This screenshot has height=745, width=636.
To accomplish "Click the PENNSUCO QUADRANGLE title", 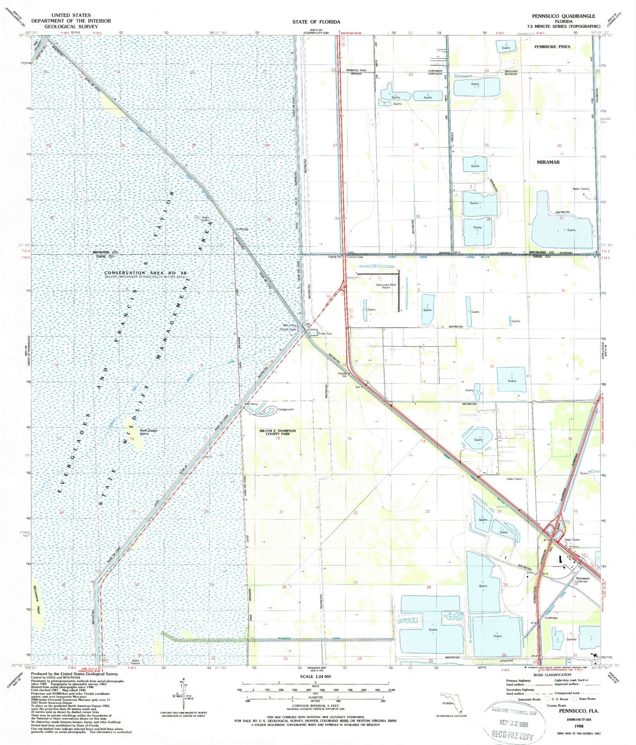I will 563,16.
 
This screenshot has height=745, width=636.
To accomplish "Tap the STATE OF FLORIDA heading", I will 316,22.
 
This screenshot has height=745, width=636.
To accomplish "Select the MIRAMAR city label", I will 548,162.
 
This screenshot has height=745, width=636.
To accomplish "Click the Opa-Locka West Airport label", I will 386,286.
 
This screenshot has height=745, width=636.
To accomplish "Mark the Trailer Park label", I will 325,334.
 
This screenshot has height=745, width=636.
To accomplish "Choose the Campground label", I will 285,409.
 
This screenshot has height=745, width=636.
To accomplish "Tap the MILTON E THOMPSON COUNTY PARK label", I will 277,432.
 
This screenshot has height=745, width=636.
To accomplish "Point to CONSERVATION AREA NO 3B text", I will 145,273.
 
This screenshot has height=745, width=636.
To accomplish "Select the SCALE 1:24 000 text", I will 315,676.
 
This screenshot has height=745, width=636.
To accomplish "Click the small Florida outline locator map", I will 451,703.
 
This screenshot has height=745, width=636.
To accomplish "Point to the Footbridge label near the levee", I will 242,229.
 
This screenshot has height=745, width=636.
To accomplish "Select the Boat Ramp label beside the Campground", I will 250,404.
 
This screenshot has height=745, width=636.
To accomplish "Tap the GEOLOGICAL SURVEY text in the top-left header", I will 70,26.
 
